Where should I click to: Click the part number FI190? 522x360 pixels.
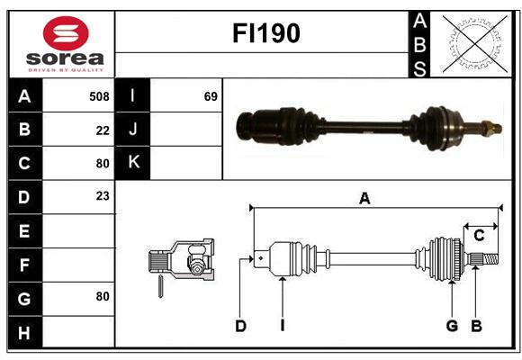266,33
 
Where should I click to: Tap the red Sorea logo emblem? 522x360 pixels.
66,33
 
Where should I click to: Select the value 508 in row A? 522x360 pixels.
99,96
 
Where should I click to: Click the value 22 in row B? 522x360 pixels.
103,130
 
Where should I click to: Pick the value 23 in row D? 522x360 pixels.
103,196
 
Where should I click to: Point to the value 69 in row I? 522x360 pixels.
211,96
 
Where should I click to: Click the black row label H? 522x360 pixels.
25,332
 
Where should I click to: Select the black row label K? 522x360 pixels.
133,163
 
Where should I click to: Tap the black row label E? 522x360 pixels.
25,230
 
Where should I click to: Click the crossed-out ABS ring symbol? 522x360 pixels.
475,44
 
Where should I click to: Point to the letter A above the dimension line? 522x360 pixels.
364,199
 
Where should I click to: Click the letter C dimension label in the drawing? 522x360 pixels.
479,236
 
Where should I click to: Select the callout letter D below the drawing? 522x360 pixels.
240,326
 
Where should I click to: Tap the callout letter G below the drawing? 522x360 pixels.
452,326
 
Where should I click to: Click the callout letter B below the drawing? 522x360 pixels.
476,326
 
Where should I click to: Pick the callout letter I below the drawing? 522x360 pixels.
283,326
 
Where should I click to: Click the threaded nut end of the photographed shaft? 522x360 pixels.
492,129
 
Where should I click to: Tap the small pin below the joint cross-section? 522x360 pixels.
160,286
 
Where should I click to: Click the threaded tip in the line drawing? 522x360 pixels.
490,259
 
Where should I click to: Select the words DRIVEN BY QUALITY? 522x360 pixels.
66,70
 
